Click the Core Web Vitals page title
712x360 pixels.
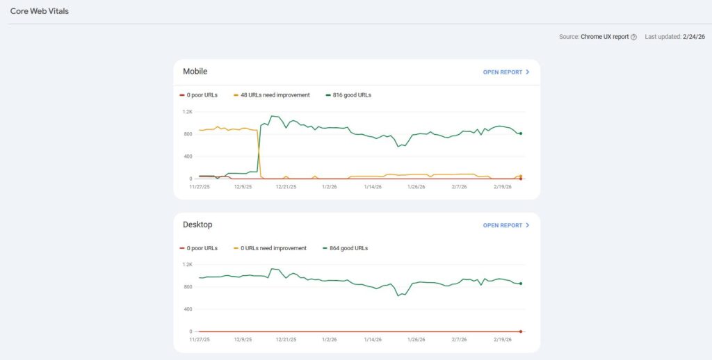[x=40, y=12]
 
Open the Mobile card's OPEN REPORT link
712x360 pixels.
[x=506, y=72]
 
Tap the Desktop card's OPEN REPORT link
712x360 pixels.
[x=506, y=225]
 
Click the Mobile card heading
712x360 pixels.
[x=195, y=72]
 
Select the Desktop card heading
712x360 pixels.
[x=197, y=224]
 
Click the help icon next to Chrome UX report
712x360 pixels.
[x=633, y=37]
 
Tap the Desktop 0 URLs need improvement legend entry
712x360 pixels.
[x=273, y=248]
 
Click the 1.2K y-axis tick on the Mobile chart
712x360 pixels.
[x=187, y=111]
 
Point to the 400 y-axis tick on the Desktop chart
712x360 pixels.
[x=187, y=309]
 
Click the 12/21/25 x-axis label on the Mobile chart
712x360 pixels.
[x=286, y=186]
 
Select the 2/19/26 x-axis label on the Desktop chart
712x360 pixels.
[x=502, y=340]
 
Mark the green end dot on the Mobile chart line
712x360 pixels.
[x=520, y=133]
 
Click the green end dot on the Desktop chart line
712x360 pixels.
[x=520, y=284]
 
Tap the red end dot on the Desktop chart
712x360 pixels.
[x=520, y=332]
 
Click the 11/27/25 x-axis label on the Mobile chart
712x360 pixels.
[x=200, y=186]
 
